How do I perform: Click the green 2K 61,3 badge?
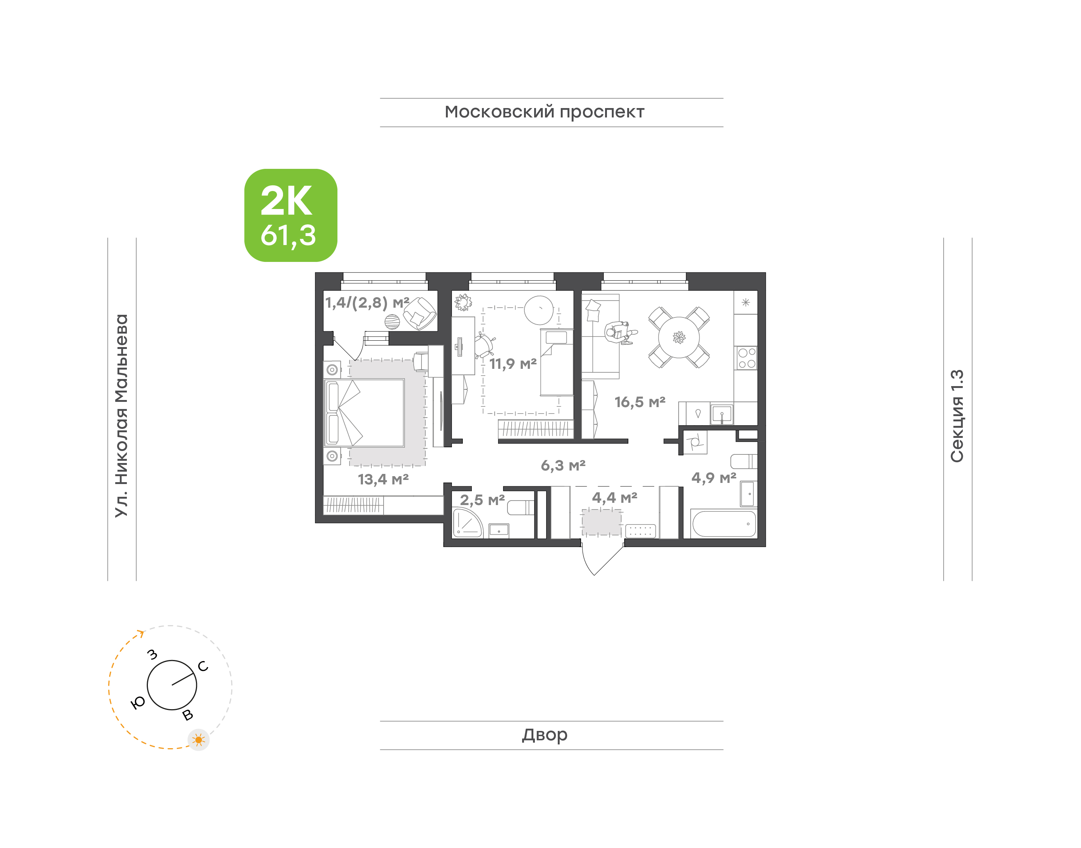click(x=291, y=215)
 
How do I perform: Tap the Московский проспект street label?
click(x=544, y=112)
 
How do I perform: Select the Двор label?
click(x=545, y=735)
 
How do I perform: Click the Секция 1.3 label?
click(x=957, y=416)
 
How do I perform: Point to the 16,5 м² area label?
click(x=640, y=401)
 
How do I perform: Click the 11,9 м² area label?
click(x=513, y=364)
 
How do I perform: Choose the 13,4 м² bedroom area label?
click(x=383, y=479)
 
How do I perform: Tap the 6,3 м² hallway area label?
click(x=563, y=465)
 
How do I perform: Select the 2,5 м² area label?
click(x=482, y=499)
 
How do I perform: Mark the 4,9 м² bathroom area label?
click(x=714, y=478)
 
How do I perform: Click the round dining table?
click(x=679, y=337)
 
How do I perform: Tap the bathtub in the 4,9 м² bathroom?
click(x=724, y=524)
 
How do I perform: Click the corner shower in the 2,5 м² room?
click(x=467, y=522)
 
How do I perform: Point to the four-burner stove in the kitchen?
click(x=746, y=358)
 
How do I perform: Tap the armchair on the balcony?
click(x=420, y=313)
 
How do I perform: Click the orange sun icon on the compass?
click(x=199, y=740)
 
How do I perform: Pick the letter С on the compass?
click(x=203, y=666)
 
